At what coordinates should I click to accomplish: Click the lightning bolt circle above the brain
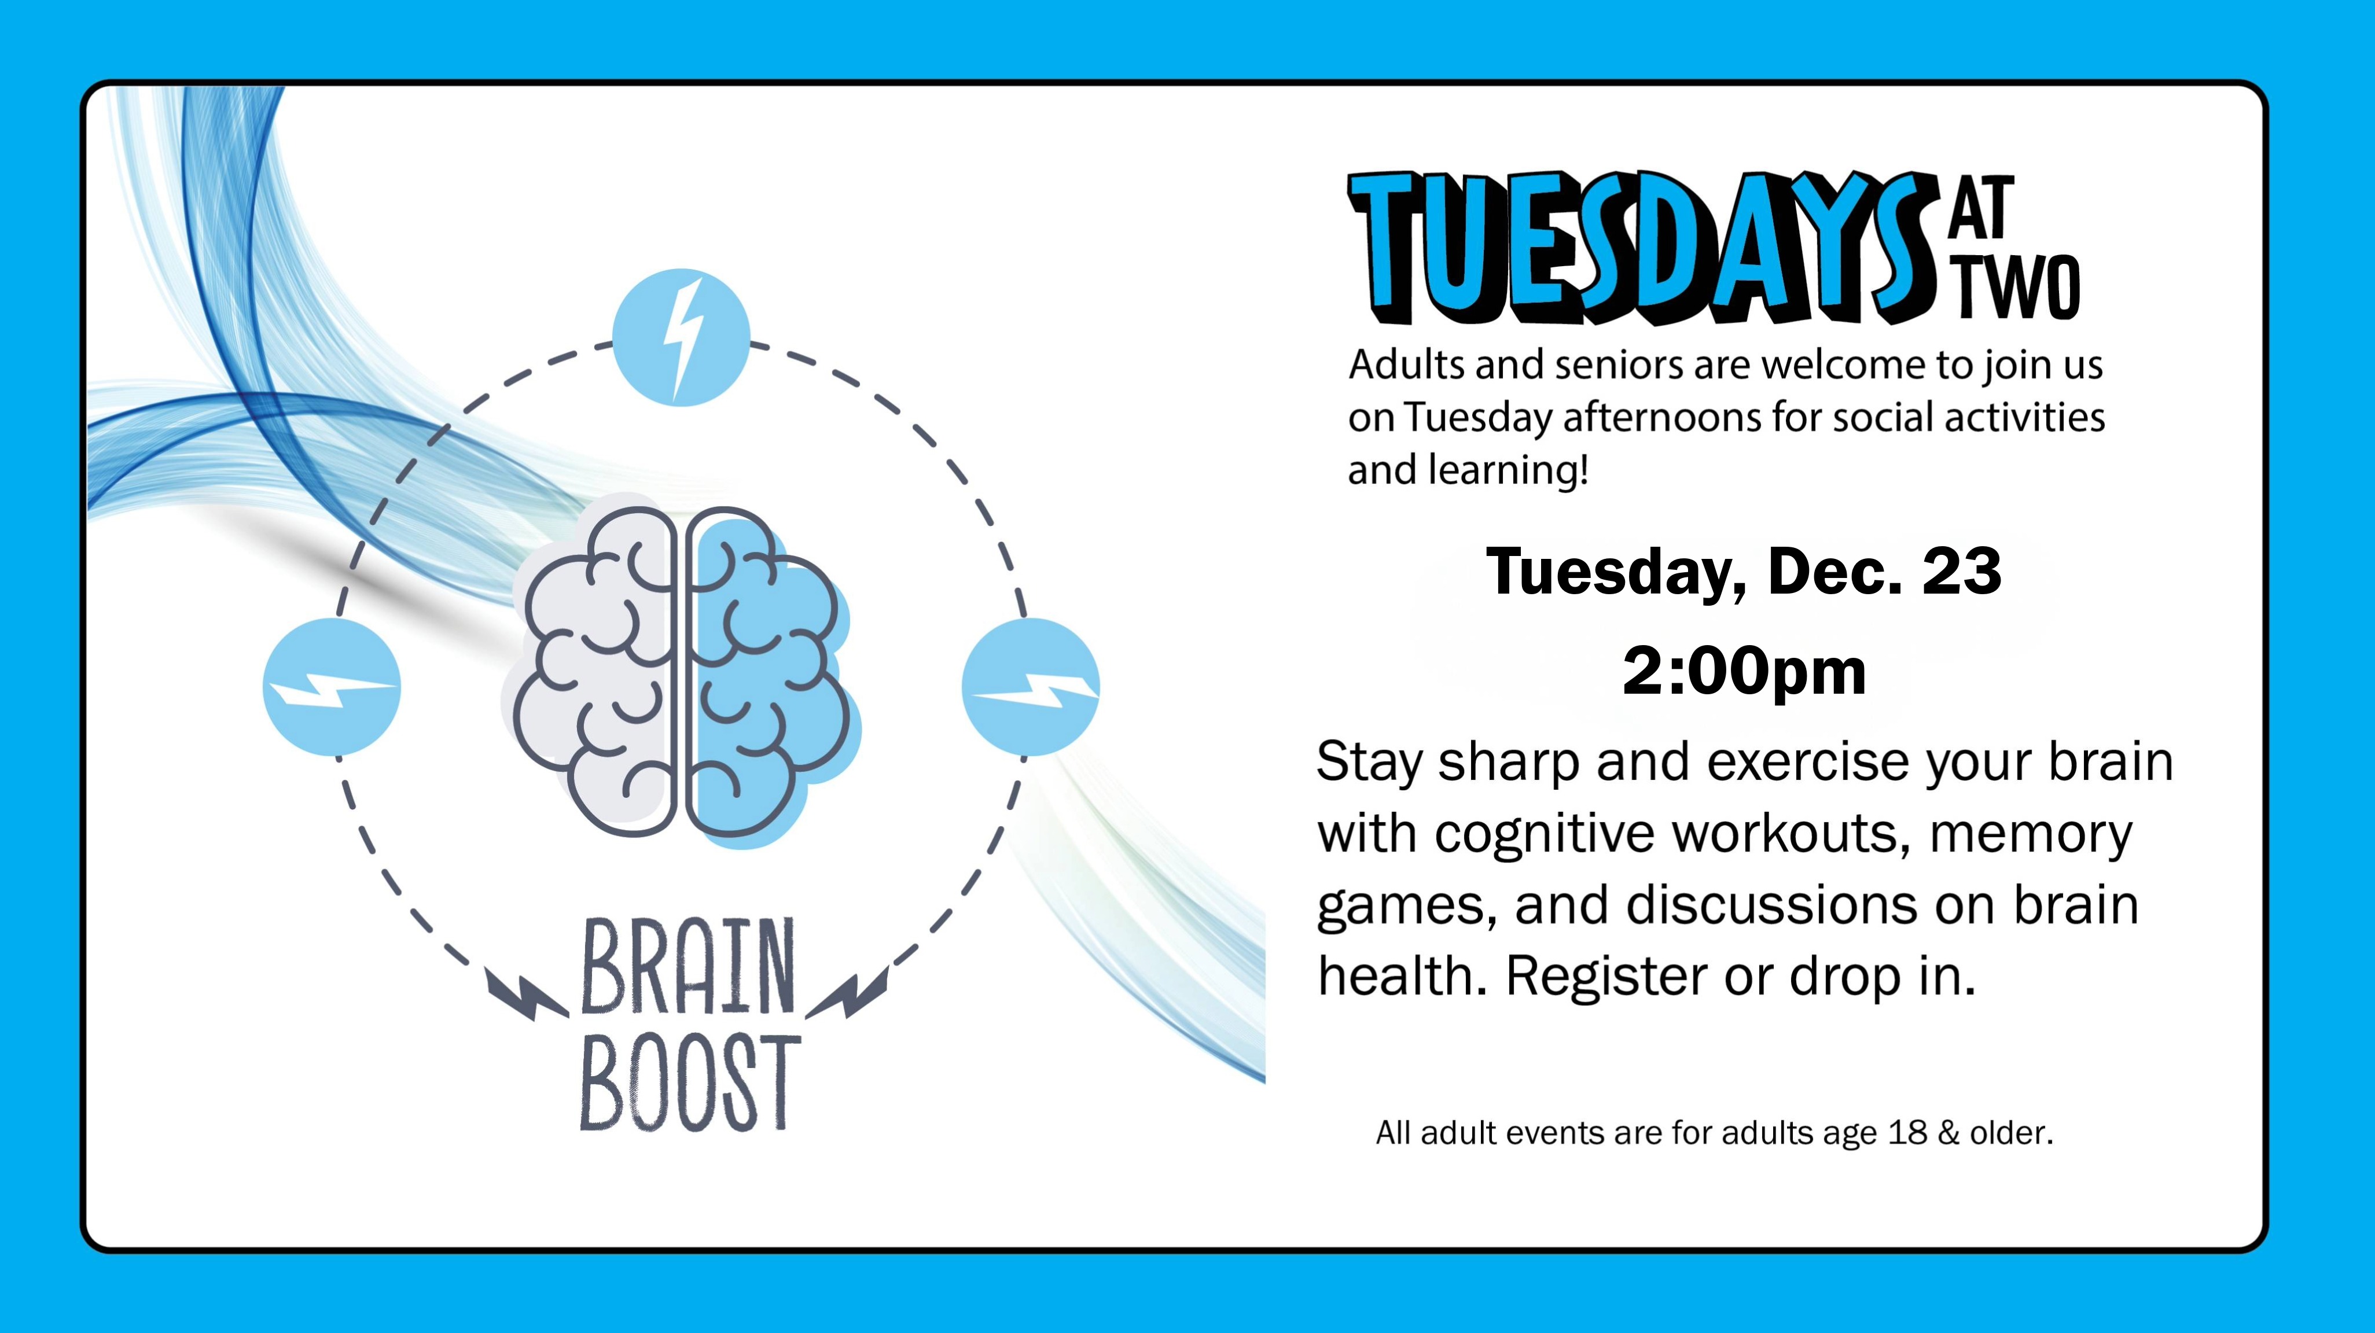click(x=681, y=337)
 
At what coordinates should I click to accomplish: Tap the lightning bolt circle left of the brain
click(x=332, y=687)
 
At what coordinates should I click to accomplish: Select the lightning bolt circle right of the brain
click(x=1031, y=687)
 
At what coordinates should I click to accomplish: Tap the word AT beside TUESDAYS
click(x=1982, y=208)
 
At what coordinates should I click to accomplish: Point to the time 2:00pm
click(x=1744, y=671)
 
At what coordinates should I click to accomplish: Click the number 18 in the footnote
click(x=1907, y=1133)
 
